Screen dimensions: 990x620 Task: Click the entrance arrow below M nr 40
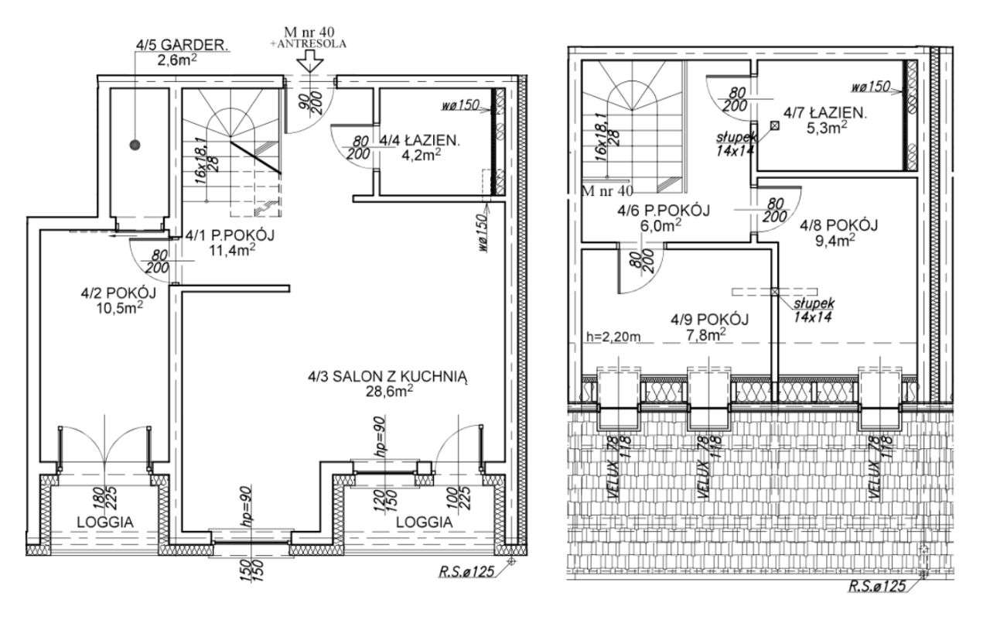[x=310, y=61]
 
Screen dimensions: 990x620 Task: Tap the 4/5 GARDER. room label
[x=182, y=45]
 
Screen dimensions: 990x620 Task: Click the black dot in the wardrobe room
[x=135, y=145]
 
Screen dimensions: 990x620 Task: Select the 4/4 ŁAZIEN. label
[x=420, y=141]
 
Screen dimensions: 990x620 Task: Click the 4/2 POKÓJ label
[x=118, y=293]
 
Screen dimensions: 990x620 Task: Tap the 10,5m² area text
[x=119, y=308]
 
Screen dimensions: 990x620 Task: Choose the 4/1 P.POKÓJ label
[x=230, y=235]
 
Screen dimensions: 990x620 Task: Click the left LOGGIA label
[x=105, y=522]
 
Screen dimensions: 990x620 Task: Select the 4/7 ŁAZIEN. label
[x=825, y=113]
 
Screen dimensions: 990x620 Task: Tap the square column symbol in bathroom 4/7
[x=774, y=125]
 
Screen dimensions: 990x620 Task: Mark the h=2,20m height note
[x=613, y=337]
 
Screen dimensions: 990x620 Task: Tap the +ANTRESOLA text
[x=309, y=44]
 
